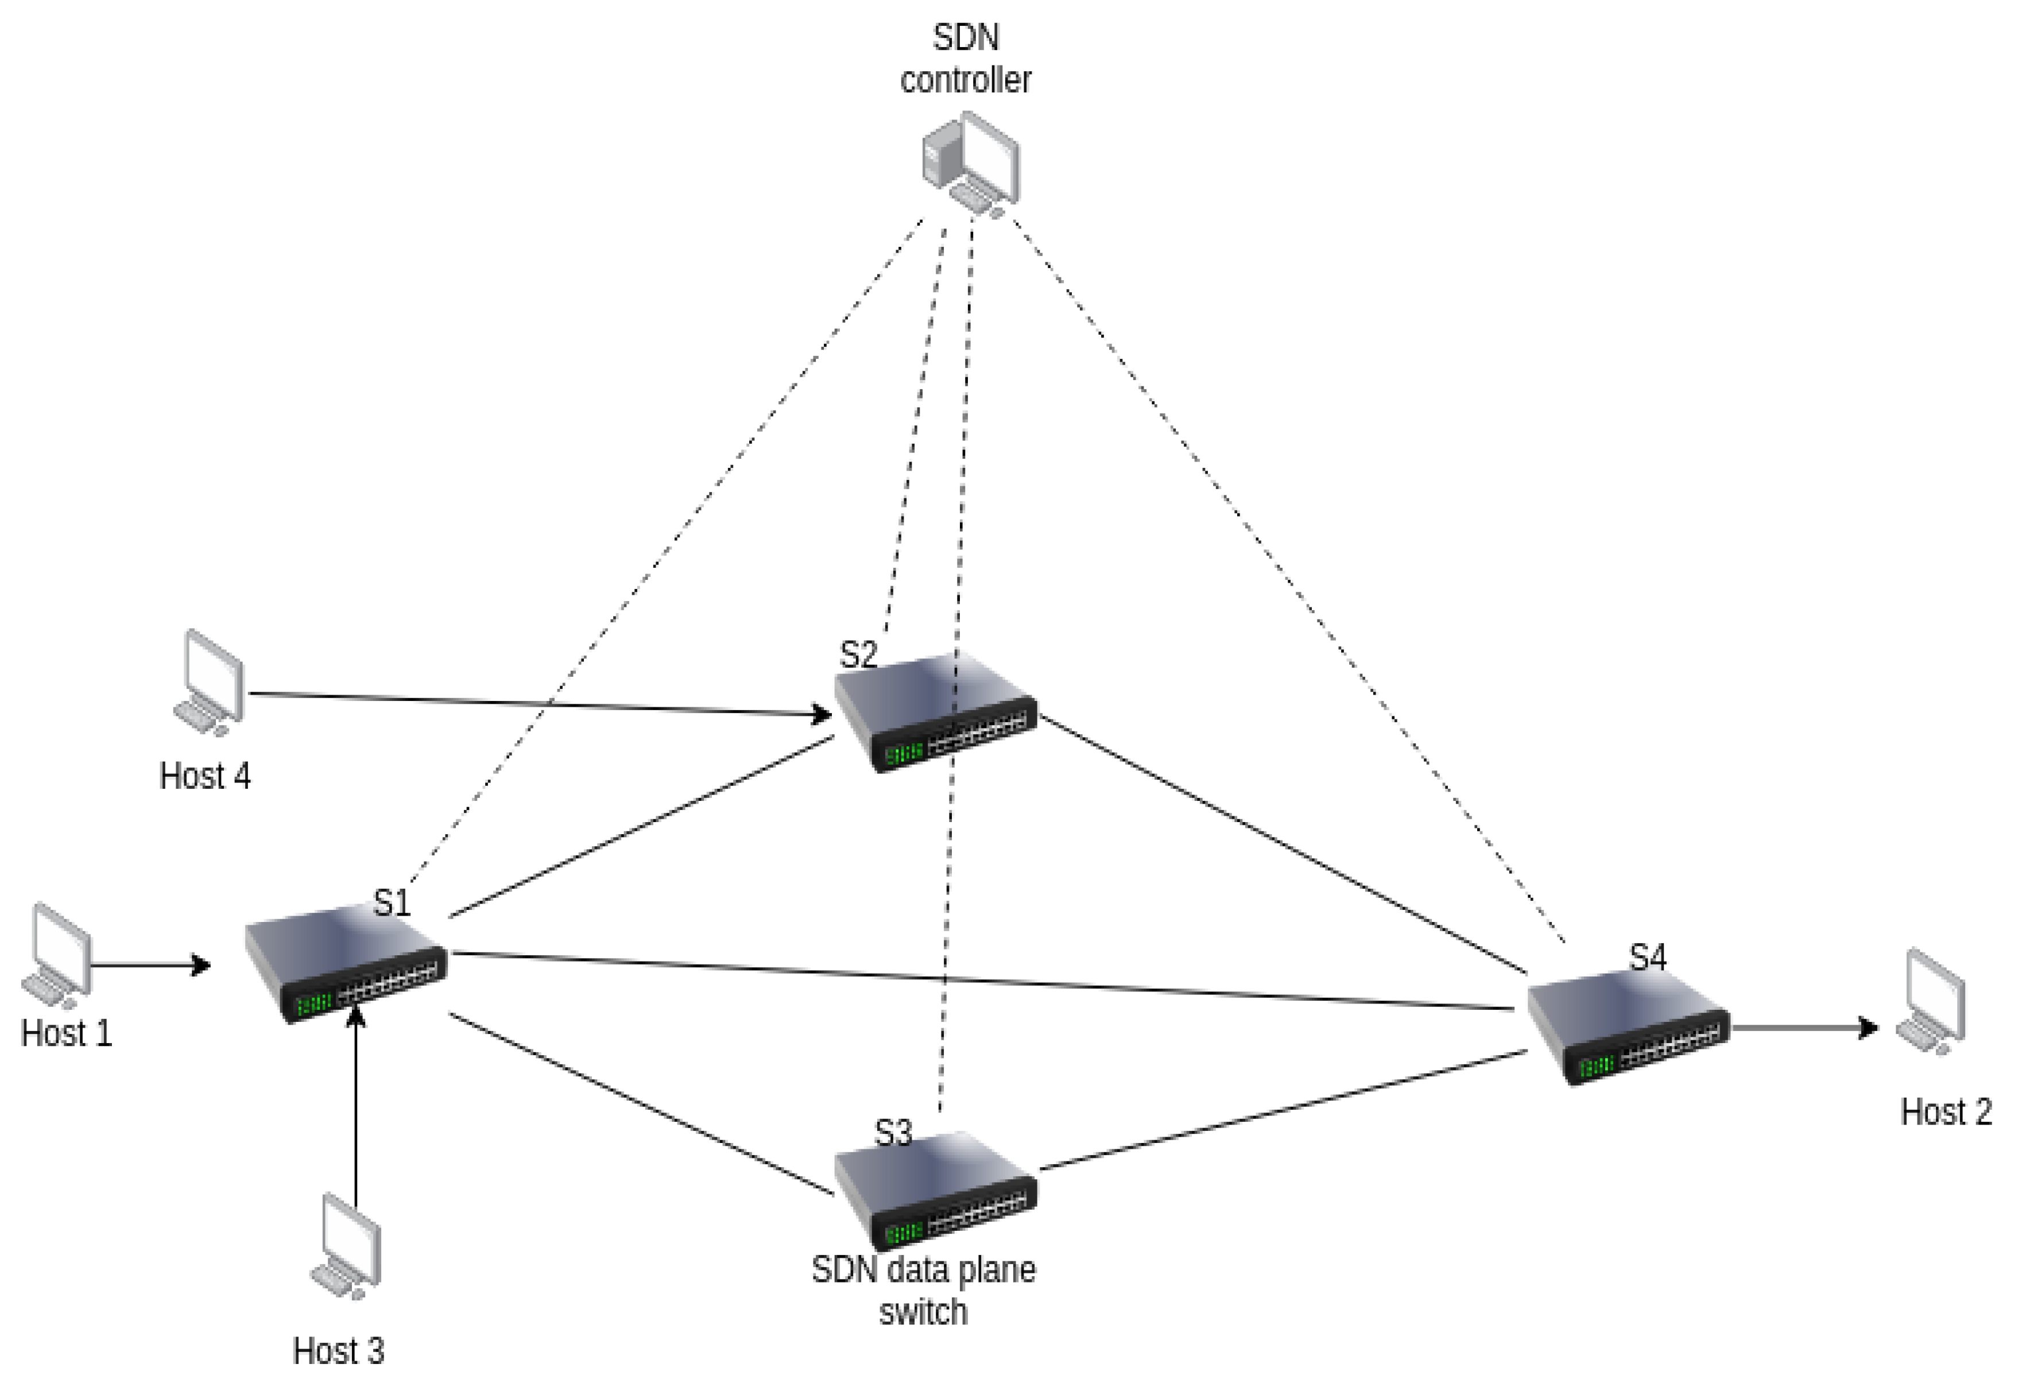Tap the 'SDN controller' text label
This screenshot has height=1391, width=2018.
click(966, 59)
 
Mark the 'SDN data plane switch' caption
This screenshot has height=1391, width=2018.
click(924, 1291)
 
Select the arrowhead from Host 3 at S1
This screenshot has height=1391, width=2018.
click(355, 1016)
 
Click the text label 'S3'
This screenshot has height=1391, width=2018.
click(893, 1133)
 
